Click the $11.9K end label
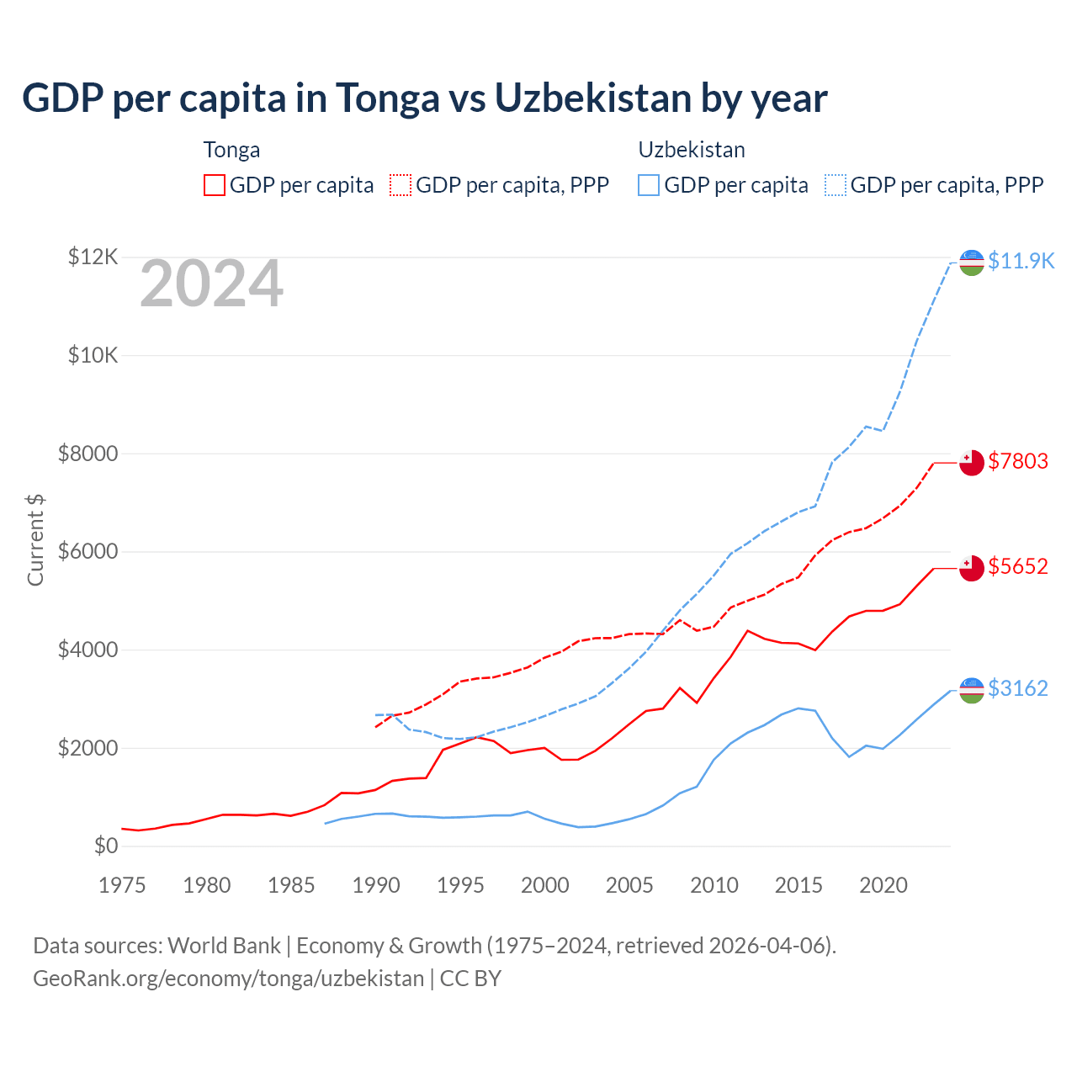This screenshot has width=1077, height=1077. pyautogui.click(x=1021, y=261)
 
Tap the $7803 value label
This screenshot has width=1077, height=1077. pyautogui.click(x=1018, y=461)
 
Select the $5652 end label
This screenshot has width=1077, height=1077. pyautogui.click(x=1018, y=566)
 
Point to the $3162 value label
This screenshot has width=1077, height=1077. pyautogui.click(x=1018, y=688)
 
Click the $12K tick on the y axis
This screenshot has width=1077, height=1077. pyautogui.click(x=93, y=257)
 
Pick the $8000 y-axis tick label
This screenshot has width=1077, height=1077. pyautogui.click(x=88, y=454)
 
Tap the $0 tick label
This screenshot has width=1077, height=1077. pyautogui.click(x=105, y=846)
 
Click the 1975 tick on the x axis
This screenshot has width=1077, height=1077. pyautogui.click(x=122, y=885)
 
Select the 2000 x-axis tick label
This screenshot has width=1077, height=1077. pyautogui.click(x=544, y=885)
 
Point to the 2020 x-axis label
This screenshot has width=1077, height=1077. pyautogui.click(x=883, y=885)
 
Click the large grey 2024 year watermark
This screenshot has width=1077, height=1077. pyautogui.click(x=211, y=284)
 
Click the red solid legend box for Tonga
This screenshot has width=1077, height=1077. pyautogui.click(x=215, y=185)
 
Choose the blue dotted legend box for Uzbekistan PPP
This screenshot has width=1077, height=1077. pyautogui.click(x=836, y=185)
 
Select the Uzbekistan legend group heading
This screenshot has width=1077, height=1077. pyautogui.click(x=692, y=150)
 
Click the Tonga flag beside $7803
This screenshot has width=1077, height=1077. pyautogui.click(x=972, y=463)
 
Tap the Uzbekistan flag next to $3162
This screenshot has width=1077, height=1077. pyautogui.click(x=972, y=690)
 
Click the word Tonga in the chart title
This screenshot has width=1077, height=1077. pyautogui.click(x=387, y=98)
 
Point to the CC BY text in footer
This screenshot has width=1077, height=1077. pyautogui.click(x=470, y=979)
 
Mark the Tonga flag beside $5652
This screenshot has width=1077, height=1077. pyautogui.click(x=972, y=568)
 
